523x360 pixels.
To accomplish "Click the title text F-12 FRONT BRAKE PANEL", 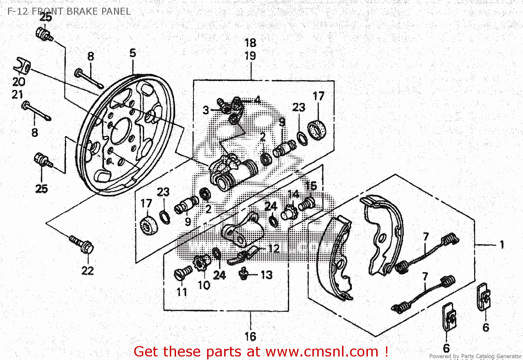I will pyautogui.click(x=69, y=11).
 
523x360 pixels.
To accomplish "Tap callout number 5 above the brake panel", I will pyautogui.click(x=132, y=53).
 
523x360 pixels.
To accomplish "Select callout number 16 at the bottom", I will pyautogui.click(x=250, y=337).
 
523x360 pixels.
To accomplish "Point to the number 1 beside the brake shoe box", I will pyautogui.click(x=502, y=245).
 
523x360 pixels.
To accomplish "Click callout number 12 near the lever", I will pyautogui.click(x=274, y=248).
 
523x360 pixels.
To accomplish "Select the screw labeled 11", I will pyautogui.click(x=183, y=272).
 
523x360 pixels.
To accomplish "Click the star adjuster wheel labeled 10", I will pyautogui.click(x=202, y=262).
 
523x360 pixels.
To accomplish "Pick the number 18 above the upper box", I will pyautogui.click(x=250, y=43).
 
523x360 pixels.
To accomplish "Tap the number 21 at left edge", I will pyautogui.click(x=17, y=95).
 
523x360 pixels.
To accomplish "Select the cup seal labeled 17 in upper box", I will pyautogui.click(x=317, y=129).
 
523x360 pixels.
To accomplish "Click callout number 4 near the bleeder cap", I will pyautogui.click(x=257, y=100).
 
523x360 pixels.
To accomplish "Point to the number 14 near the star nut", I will pyautogui.click(x=293, y=194).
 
